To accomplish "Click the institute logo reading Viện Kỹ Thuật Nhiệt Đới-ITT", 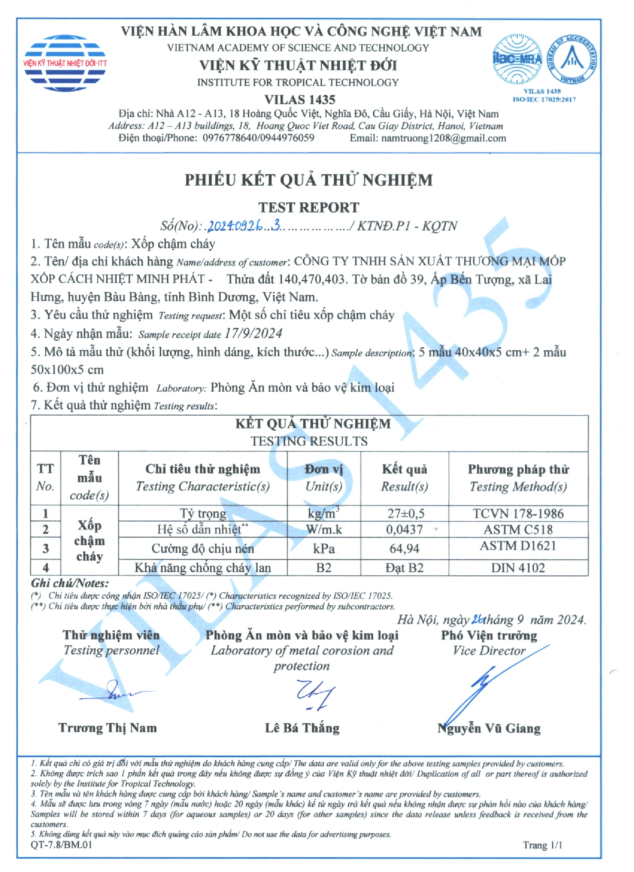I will click(x=65, y=63).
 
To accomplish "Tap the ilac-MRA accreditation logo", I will click(x=517, y=59).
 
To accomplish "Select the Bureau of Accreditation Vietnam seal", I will click(x=572, y=59).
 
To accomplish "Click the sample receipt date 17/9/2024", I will click(x=253, y=333).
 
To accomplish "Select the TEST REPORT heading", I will click(x=308, y=208).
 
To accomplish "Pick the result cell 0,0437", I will click(x=404, y=530).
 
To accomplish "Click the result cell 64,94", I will click(x=404, y=548).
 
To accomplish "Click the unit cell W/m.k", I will click(x=324, y=530).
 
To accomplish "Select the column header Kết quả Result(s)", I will click(x=404, y=478).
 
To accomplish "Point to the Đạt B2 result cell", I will click(x=404, y=568).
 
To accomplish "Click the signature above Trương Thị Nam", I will click(x=119, y=693).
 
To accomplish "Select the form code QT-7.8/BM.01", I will click(x=62, y=845).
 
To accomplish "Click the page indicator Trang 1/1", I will click(x=542, y=845).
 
